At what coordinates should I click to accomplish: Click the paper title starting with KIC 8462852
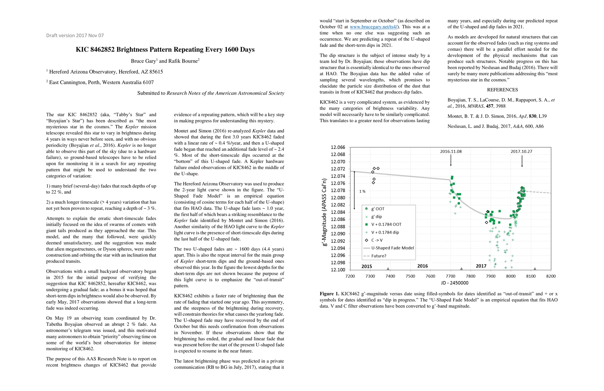point(165,50)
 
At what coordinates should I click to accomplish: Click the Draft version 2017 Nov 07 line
point(75,35)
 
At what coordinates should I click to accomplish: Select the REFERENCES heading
point(502,90)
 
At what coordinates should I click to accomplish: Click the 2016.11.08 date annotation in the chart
point(451,152)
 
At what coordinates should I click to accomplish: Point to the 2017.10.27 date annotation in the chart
point(521,152)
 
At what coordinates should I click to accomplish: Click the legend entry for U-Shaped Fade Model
point(392,248)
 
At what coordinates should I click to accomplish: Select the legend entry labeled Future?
point(379,256)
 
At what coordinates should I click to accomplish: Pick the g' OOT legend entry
point(378,209)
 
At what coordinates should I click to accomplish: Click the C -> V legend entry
point(377,240)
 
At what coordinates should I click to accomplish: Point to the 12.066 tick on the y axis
point(338,147)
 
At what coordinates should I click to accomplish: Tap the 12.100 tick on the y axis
point(338,270)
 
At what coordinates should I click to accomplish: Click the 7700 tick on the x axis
point(451,276)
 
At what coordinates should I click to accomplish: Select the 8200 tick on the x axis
point(551,276)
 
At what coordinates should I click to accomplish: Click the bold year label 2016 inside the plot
point(423,266)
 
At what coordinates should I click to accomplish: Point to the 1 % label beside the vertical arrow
point(362,191)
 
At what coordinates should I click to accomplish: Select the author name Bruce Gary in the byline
point(143,61)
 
